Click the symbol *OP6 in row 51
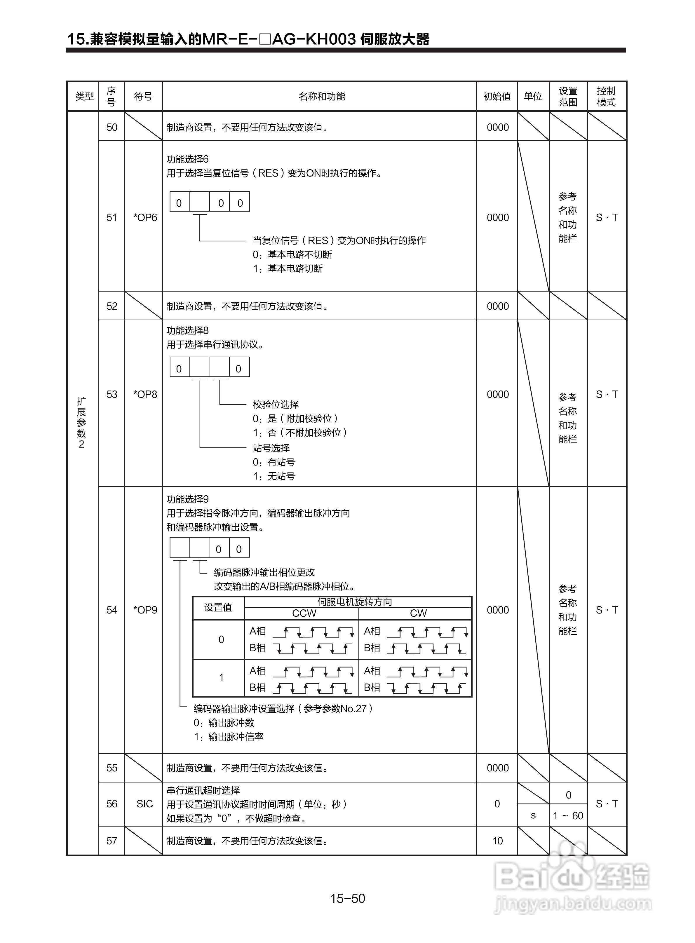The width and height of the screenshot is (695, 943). (x=145, y=217)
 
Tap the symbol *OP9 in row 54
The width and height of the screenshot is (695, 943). (x=145, y=610)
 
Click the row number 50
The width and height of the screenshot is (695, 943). (x=112, y=128)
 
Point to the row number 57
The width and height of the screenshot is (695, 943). (x=112, y=841)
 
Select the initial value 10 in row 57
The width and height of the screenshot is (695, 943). (x=497, y=841)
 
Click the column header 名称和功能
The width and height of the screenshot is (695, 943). (x=321, y=96)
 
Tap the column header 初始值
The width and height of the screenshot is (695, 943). (x=497, y=96)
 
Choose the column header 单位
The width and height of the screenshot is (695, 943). (x=533, y=96)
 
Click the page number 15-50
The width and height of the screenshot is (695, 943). (x=347, y=898)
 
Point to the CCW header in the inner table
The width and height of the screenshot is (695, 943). (x=304, y=613)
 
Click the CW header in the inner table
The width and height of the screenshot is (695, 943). (x=418, y=613)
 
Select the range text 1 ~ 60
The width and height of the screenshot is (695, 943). (x=568, y=815)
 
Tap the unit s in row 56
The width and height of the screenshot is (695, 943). (x=533, y=815)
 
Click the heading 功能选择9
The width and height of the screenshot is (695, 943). (x=188, y=499)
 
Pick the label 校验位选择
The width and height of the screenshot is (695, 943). (x=276, y=405)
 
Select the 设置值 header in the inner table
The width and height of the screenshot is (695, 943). (x=218, y=608)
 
